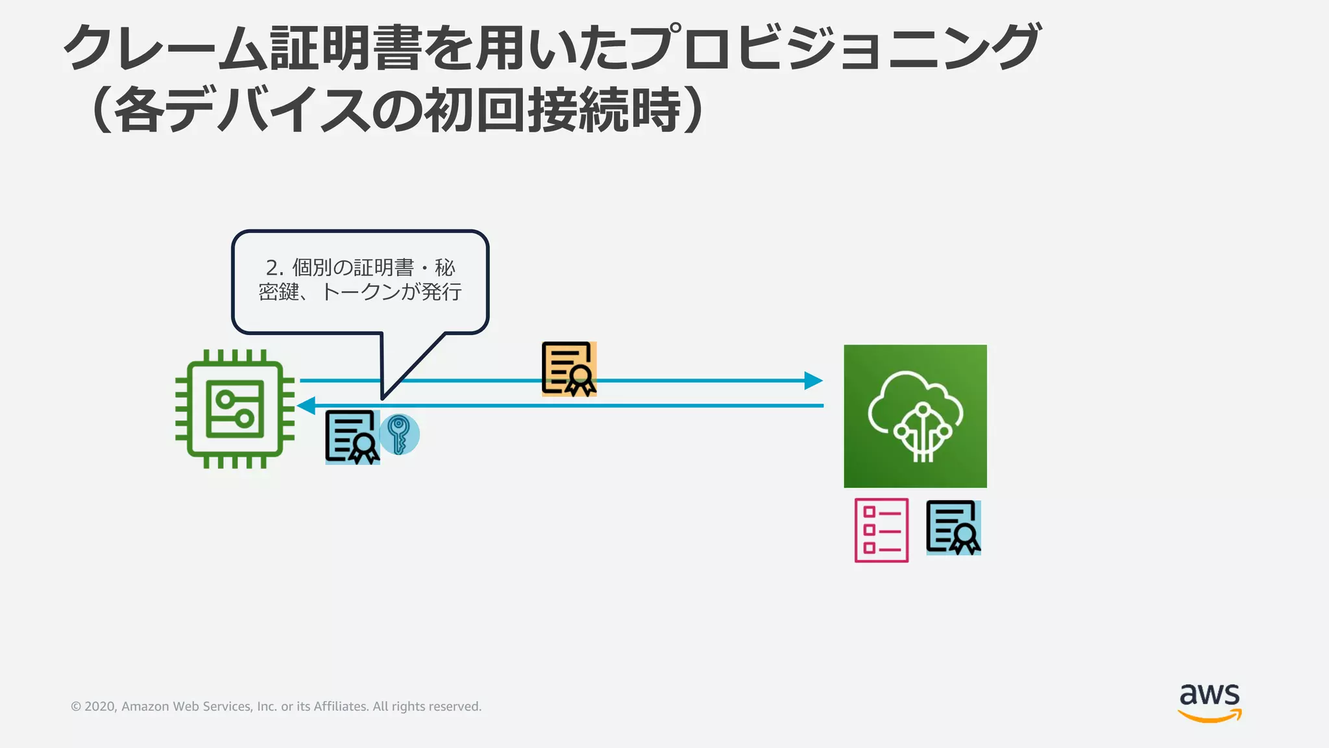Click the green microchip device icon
tap(235, 409)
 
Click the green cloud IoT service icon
tap(915, 416)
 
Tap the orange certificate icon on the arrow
tap(569, 369)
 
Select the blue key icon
tap(399, 434)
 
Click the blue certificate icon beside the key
tap(352, 437)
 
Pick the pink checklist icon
tap(881, 530)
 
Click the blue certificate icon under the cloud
tap(953, 527)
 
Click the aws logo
tap(1210, 702)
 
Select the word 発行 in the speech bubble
tap(441, 292)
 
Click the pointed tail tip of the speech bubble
tap(384, 397)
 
